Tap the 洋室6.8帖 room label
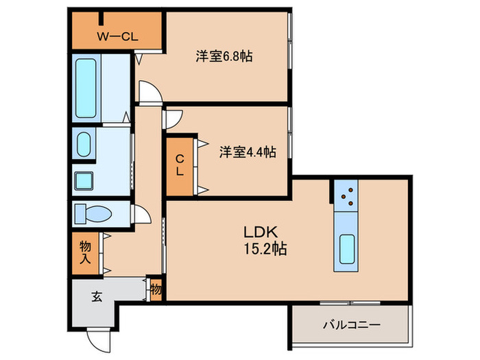pyautogui.click(x=224, y=57)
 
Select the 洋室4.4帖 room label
pyautogui.click(x=248, y=152)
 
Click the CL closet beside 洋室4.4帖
pyautogui.click(x=179, y=165)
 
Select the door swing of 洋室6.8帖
pyautogui.click(x=148, y=92)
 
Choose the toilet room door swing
pyautogui.click(x=143, y=215)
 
